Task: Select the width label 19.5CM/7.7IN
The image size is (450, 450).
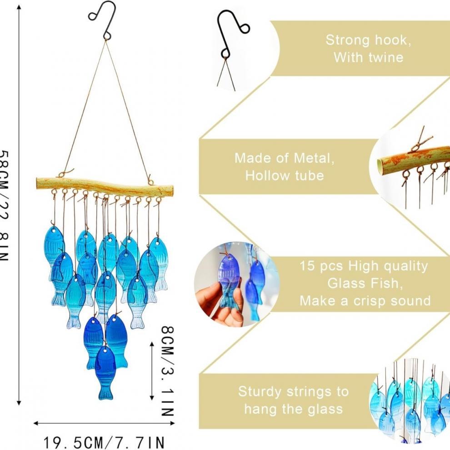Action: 104,441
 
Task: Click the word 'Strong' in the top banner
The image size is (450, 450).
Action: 345,40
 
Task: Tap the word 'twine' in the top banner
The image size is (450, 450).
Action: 386,58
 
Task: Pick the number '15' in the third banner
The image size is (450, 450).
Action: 308,266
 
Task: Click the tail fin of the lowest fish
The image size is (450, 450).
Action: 105,392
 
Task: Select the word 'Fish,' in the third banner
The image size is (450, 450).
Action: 386,283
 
